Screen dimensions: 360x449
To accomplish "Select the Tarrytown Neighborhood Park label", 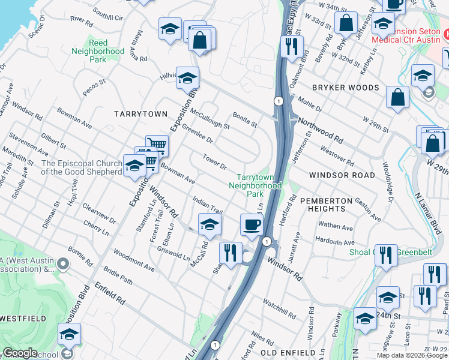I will tap(258, 185).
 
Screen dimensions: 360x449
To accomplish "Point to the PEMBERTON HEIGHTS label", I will tap(323, 205).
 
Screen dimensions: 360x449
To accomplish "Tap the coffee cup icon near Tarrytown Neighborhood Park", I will tap(251, 224).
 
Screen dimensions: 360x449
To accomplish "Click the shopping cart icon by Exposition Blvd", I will tap(157, 145).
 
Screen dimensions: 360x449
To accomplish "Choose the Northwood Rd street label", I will tap(323, 130).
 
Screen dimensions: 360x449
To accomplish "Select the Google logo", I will tap(19, 353).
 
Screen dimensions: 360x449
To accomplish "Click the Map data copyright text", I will tap(412, 355).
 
